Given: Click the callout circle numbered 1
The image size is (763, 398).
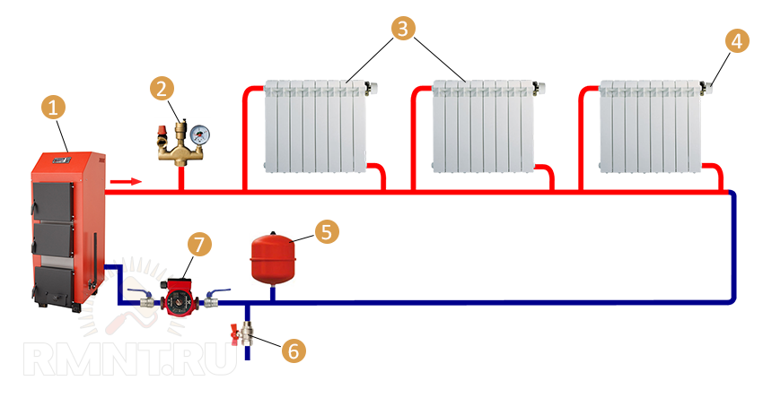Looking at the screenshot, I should [54, 108].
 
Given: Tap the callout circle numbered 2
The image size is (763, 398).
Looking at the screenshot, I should [162, 89].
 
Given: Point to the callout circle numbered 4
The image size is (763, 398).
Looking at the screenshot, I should [735, 42].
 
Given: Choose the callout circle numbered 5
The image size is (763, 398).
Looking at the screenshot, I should [326, 232].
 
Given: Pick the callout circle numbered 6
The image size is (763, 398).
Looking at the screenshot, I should [292, 350].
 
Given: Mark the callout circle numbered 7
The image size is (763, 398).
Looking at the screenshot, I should [199, 245].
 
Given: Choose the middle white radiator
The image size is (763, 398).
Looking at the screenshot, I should [483, 125].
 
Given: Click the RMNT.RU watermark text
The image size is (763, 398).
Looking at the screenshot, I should [130, 360].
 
